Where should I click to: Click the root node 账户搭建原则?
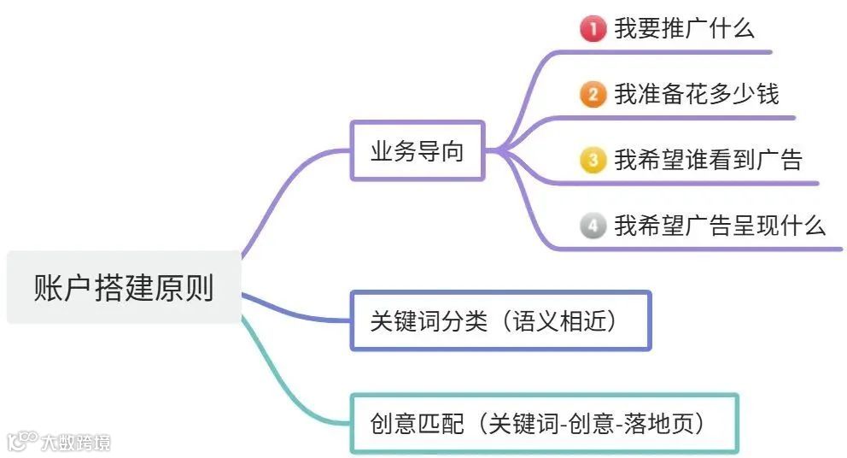coord(124,287)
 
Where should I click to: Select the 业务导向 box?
coord(417,151)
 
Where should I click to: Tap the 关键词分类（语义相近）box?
coord(500,320)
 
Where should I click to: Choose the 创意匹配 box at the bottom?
coord(544,423)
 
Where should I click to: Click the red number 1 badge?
coord(592,29)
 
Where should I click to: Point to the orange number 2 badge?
coord(592,94)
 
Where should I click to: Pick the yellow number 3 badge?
coord(592,159)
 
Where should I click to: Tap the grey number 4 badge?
coord(592,226)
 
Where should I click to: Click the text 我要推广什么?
coord(684,29)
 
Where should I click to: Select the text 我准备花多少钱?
coord(696,94)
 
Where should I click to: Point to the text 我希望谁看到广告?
coord(708,159)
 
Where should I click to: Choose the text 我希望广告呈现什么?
coord(720,226)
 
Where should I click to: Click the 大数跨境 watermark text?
coord(76,442)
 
